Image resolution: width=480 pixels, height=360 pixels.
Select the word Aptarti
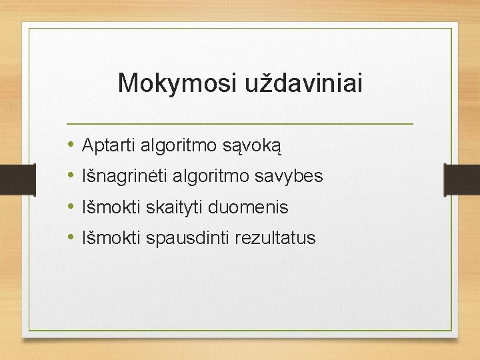tap(108, 144)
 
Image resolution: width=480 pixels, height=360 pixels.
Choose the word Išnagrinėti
tap(121, 176)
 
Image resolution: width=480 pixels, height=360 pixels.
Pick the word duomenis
tap(248, 207)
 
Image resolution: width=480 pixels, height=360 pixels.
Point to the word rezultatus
tap(275, 238)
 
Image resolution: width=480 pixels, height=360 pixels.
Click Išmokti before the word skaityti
tap(108, 207)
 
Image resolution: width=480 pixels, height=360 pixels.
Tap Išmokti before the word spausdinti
tap(108, 238)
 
